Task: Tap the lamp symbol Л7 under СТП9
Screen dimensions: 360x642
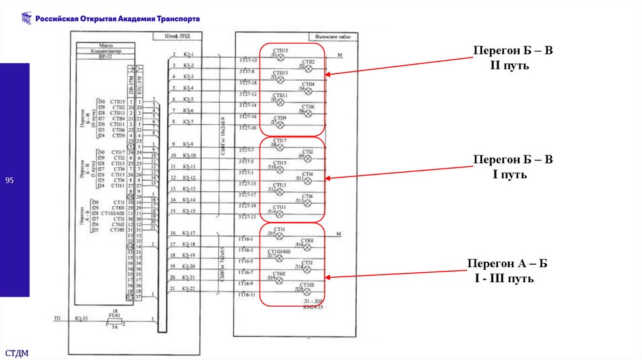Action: pos(281,123)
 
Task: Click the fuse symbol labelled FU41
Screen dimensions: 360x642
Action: pos(114,319)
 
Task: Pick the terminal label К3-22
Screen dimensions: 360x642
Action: pos(189,289)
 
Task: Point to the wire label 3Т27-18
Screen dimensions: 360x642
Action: pos(247,83)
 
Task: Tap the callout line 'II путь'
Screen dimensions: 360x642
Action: pos(512,65)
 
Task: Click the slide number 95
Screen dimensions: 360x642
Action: pos(9,181)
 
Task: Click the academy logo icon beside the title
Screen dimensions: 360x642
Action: pos(26,19)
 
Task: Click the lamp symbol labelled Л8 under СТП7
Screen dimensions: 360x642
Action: pos(281,146)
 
